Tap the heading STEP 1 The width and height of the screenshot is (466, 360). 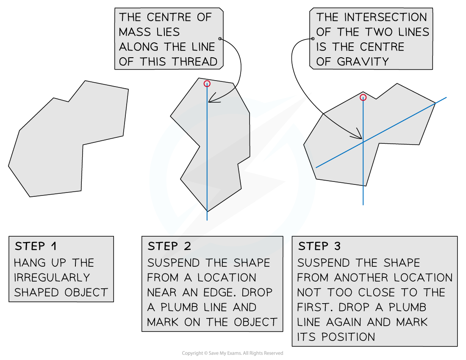tap(36, 246)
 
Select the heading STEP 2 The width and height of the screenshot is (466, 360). tap(169, 246)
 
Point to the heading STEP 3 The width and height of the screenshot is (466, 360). tap(319, 246)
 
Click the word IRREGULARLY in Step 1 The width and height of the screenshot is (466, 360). tap(52, 278)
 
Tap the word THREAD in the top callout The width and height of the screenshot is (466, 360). tap(195, 61)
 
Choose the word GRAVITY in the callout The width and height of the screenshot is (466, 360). tap(363, 61)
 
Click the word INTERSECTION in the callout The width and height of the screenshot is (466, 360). tap(386, 17)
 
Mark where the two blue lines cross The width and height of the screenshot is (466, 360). tap(363, 142)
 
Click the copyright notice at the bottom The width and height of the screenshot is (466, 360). tap(233, 353)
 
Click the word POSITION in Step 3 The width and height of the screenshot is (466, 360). tap(348, 337)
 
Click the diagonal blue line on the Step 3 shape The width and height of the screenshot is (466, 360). tap(381, 132)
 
